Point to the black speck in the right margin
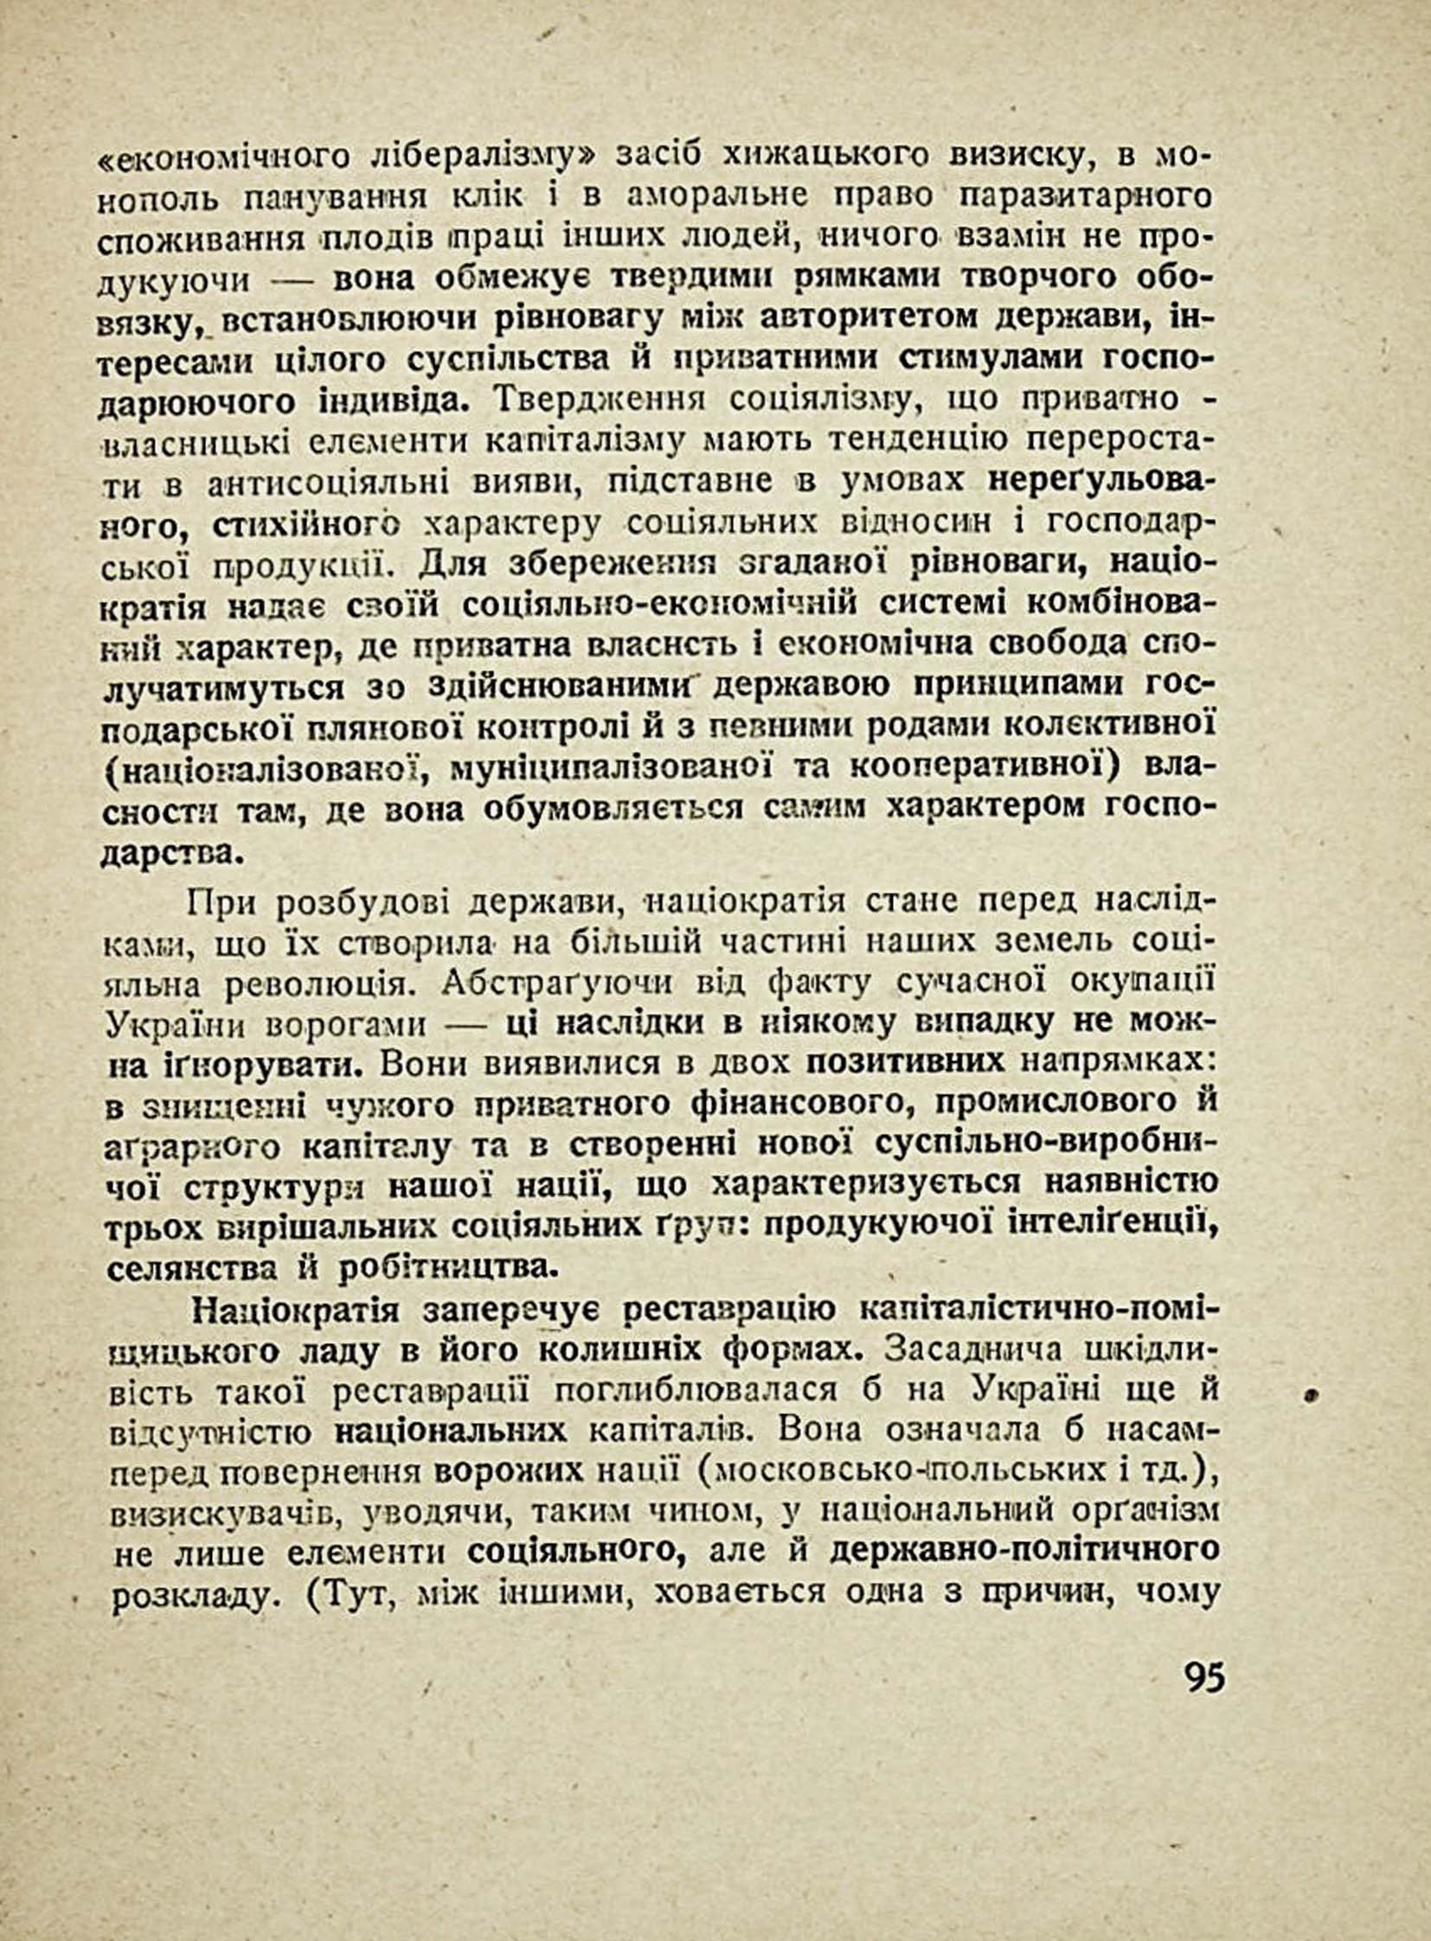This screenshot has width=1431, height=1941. (x=1312, y=1393)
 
